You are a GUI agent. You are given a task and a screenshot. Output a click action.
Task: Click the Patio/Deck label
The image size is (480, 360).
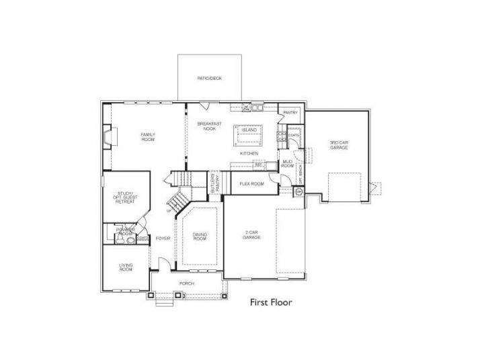coord(209,79)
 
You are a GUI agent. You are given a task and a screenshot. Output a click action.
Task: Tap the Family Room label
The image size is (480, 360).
coord(148,137)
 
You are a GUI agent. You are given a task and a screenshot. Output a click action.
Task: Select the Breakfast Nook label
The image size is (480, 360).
coord(210,126)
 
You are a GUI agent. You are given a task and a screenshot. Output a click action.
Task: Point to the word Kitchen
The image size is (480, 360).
coord(249,154)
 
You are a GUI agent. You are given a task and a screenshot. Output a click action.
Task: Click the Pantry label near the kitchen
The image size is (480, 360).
coord(290,113)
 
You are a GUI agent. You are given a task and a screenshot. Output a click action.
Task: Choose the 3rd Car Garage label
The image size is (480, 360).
coord(338,144)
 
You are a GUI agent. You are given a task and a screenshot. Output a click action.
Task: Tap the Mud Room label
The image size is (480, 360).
coord(287,164)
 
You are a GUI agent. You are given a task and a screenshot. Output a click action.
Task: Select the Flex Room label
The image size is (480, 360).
coord(251,183)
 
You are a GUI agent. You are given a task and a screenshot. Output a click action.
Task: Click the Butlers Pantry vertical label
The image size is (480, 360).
coord(214,183)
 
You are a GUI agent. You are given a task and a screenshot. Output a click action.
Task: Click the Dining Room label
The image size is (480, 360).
coord(200,236)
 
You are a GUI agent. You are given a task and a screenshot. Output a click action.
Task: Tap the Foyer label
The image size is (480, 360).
coord(162,238)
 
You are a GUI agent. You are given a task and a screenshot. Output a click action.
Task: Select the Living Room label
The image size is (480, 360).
coord(126,267)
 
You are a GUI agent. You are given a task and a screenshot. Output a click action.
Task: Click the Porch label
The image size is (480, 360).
coord(187,283)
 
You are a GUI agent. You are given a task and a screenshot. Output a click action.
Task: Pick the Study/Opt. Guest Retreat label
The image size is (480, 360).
coord(125,197)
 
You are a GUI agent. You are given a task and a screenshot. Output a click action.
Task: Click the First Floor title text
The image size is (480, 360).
coord(272,302)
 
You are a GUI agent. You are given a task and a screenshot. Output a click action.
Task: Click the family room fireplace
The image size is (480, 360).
coord(108,138)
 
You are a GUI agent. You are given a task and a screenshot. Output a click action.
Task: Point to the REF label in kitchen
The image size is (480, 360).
coord(257,164)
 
